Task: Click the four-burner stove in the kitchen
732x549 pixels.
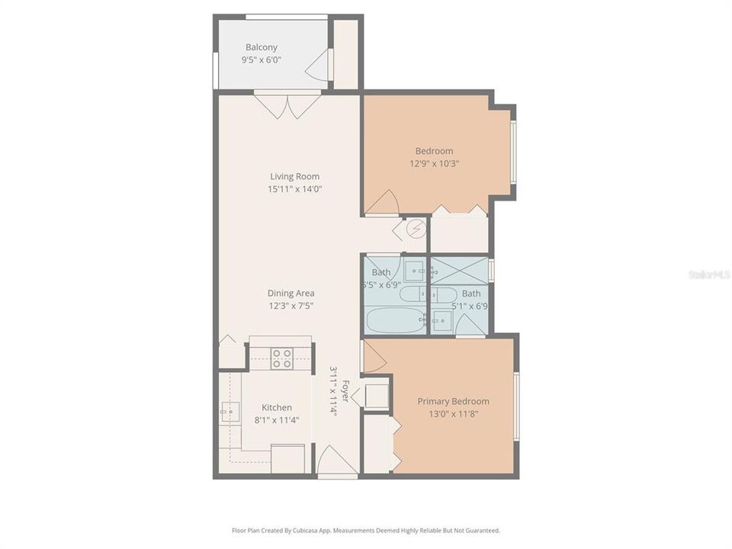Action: pos(281,358)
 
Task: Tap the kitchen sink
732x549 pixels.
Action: pos(230,412)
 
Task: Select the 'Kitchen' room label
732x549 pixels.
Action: pos(277,407)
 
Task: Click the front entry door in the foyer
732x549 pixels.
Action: pos(336,461)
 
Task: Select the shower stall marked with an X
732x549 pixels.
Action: pos(459,269)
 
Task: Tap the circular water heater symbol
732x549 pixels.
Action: pos(417,228)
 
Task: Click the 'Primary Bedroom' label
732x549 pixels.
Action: pos(453,401)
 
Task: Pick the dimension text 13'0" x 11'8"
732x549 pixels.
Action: pos(453,415)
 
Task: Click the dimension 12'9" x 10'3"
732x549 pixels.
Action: pos(434,163)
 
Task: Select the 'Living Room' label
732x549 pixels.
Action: pos(294,176)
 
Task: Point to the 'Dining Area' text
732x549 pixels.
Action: pos(291,293)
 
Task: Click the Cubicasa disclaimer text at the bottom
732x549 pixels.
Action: pos(366,530)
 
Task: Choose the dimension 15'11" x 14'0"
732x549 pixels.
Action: pos(294,189)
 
